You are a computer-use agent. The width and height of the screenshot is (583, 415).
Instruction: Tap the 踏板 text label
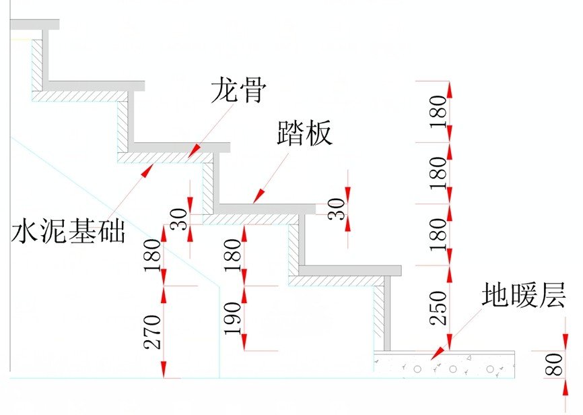[305, 133]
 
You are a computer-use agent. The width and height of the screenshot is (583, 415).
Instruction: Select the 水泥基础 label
[69, 230]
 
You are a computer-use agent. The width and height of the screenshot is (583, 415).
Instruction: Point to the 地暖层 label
[524, 294]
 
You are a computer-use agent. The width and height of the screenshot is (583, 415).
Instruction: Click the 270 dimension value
[153, 332]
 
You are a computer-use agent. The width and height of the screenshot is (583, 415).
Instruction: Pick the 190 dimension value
[233, 319]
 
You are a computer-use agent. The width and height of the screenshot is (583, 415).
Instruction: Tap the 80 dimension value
[553, 364]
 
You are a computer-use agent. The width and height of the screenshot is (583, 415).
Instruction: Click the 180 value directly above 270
[153, 255]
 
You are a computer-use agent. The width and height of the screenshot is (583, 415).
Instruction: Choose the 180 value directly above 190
[233, 255]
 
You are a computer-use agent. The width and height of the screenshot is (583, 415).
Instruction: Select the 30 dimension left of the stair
[180, 220]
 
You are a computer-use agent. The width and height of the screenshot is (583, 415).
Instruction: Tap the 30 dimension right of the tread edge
[337, 209]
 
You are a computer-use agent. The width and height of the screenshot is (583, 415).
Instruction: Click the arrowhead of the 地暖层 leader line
[438, 353]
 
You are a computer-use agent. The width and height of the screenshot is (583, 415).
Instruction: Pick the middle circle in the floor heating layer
[453, 369]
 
